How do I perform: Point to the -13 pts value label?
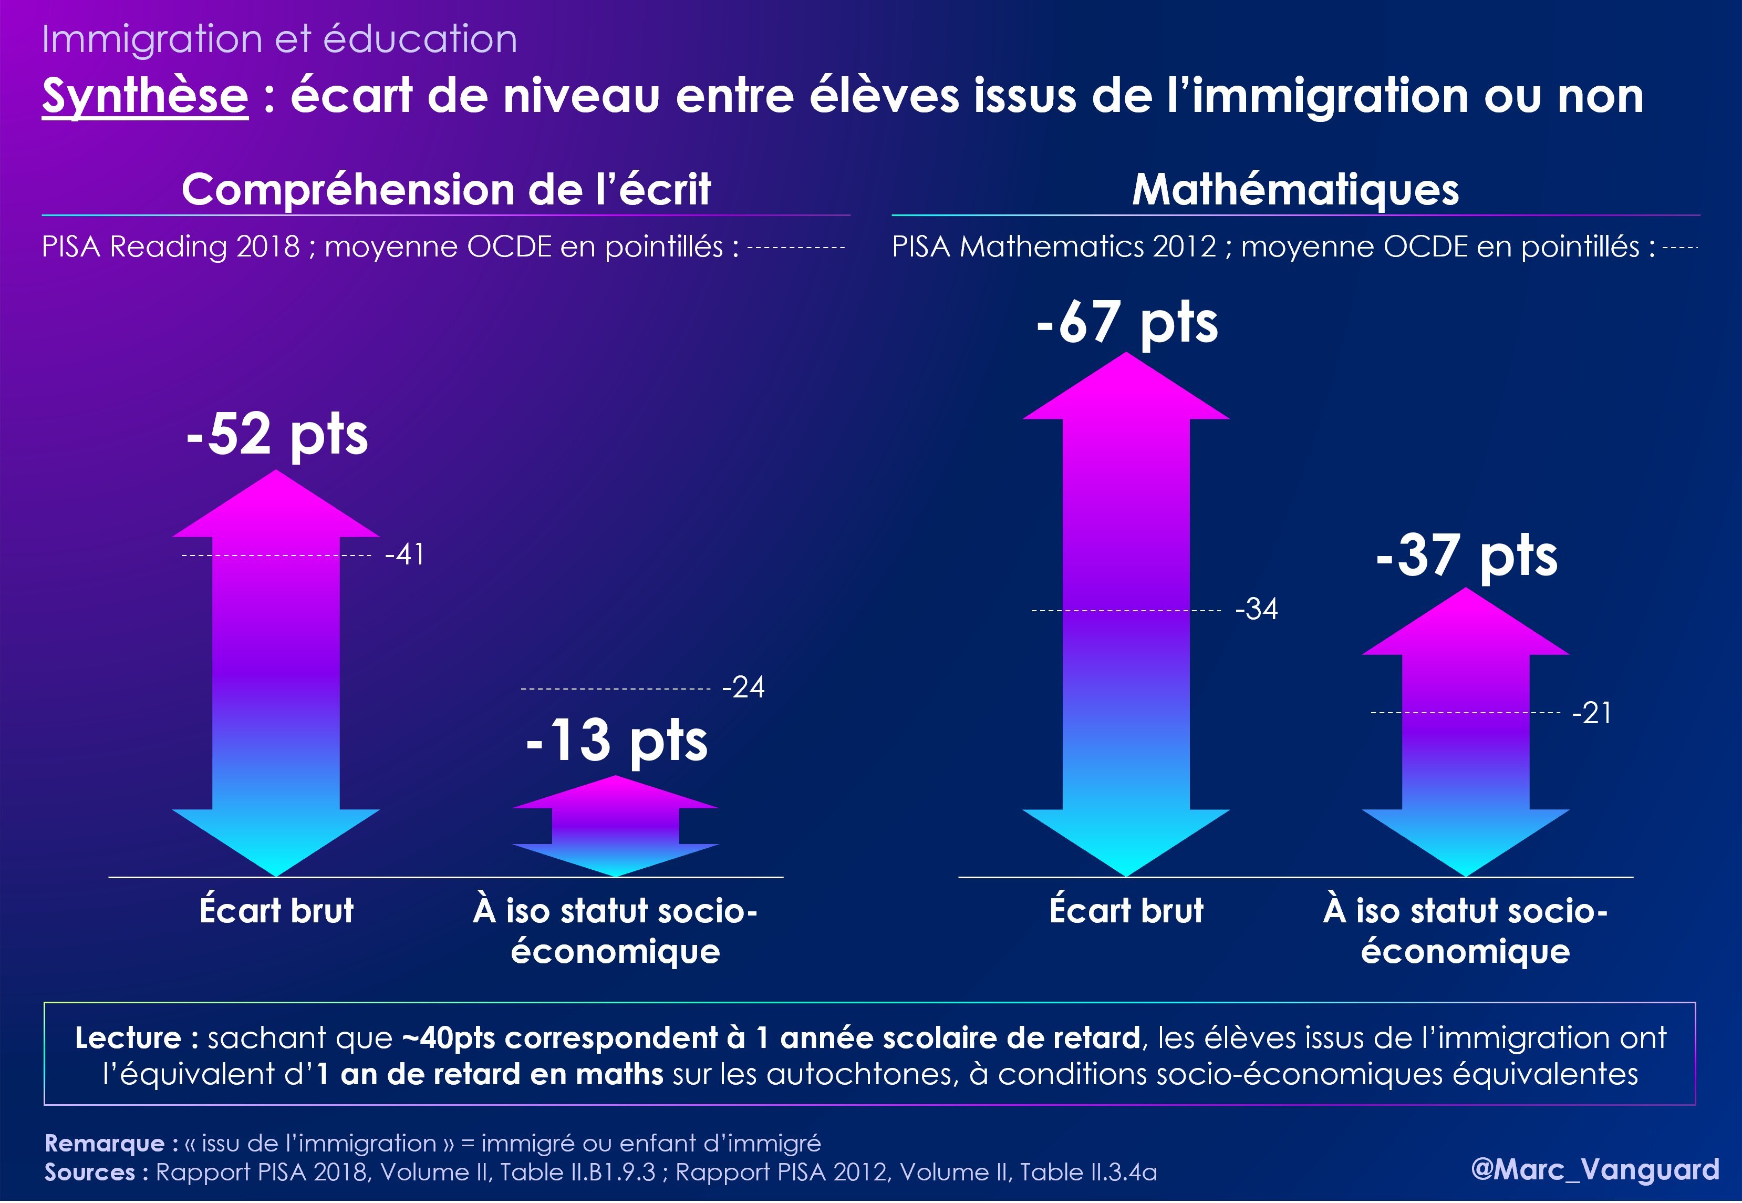point(616,740)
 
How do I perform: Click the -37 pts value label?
point(1466,556)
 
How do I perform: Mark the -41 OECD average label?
point(405,555)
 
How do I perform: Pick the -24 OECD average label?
point(743,687)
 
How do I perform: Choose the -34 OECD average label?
point(1257,609)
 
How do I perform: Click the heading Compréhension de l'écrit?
point(446,189)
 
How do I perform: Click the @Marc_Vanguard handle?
point(1595,1169)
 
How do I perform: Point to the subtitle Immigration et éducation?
point(279,39)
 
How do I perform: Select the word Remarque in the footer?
point(105,1144)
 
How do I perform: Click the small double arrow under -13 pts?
point(616,827)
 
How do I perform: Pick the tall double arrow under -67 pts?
point(1126,614)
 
